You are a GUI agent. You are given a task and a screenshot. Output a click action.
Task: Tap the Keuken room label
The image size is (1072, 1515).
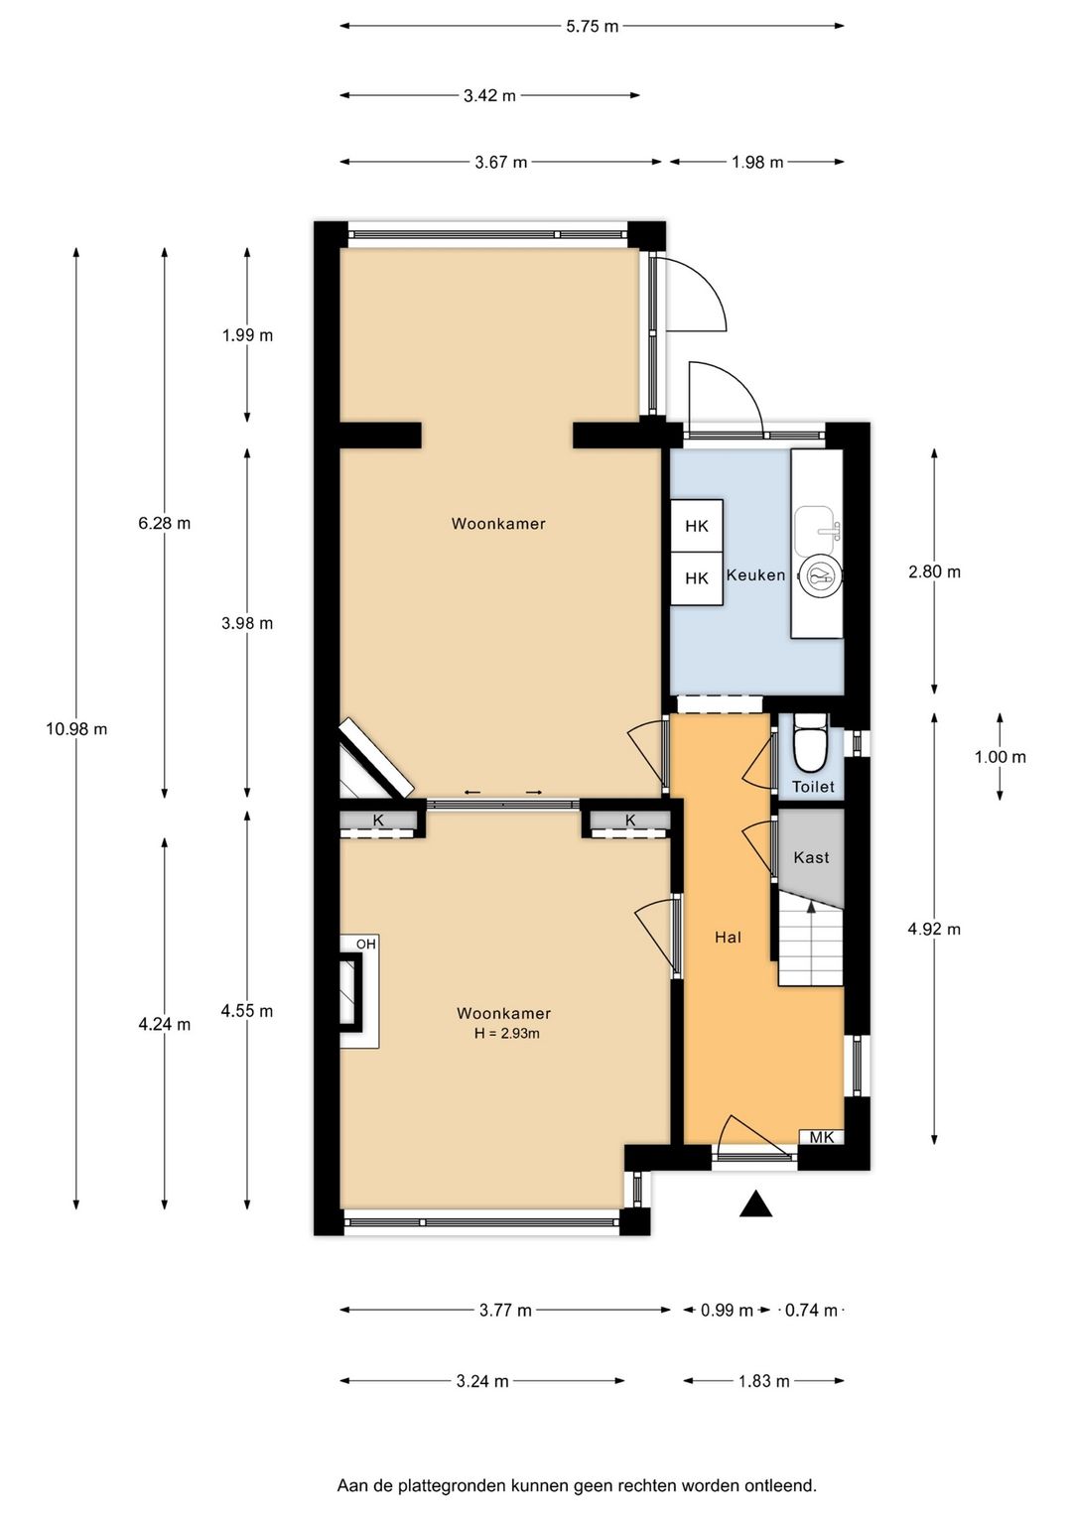click(755, 574)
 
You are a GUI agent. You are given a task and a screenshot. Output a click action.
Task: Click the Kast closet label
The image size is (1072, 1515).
click(811, 857)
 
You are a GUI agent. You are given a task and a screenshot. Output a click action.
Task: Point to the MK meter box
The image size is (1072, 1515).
click(822, 1137)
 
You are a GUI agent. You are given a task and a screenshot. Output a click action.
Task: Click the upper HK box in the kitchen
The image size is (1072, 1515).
click(697, 526)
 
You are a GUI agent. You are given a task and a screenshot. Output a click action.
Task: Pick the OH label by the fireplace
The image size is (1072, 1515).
click(366, 944)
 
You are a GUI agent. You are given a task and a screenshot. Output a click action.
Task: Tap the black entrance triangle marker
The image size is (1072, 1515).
click(755, 1204)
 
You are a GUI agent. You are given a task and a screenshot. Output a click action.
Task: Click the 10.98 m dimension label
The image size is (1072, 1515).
click(76, 729)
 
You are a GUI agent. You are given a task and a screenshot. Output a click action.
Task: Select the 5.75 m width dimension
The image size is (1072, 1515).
click(593, 27)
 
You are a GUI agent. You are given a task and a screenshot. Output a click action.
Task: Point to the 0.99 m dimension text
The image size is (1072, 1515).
click(727, 1311)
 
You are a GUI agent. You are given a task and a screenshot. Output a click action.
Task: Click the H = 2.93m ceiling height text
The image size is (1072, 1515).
click(506, 1033)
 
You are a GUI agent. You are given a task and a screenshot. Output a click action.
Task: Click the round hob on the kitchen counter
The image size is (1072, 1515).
click(820, 576)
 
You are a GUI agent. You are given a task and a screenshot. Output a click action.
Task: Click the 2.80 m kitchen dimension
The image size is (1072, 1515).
click(934, 571)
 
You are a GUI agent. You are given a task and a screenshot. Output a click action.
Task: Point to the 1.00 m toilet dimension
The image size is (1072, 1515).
click(1000, 757)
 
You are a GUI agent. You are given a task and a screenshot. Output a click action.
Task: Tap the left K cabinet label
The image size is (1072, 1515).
click(378, 821)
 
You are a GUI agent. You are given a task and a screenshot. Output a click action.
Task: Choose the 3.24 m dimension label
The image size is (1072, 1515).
click(481, 1381)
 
